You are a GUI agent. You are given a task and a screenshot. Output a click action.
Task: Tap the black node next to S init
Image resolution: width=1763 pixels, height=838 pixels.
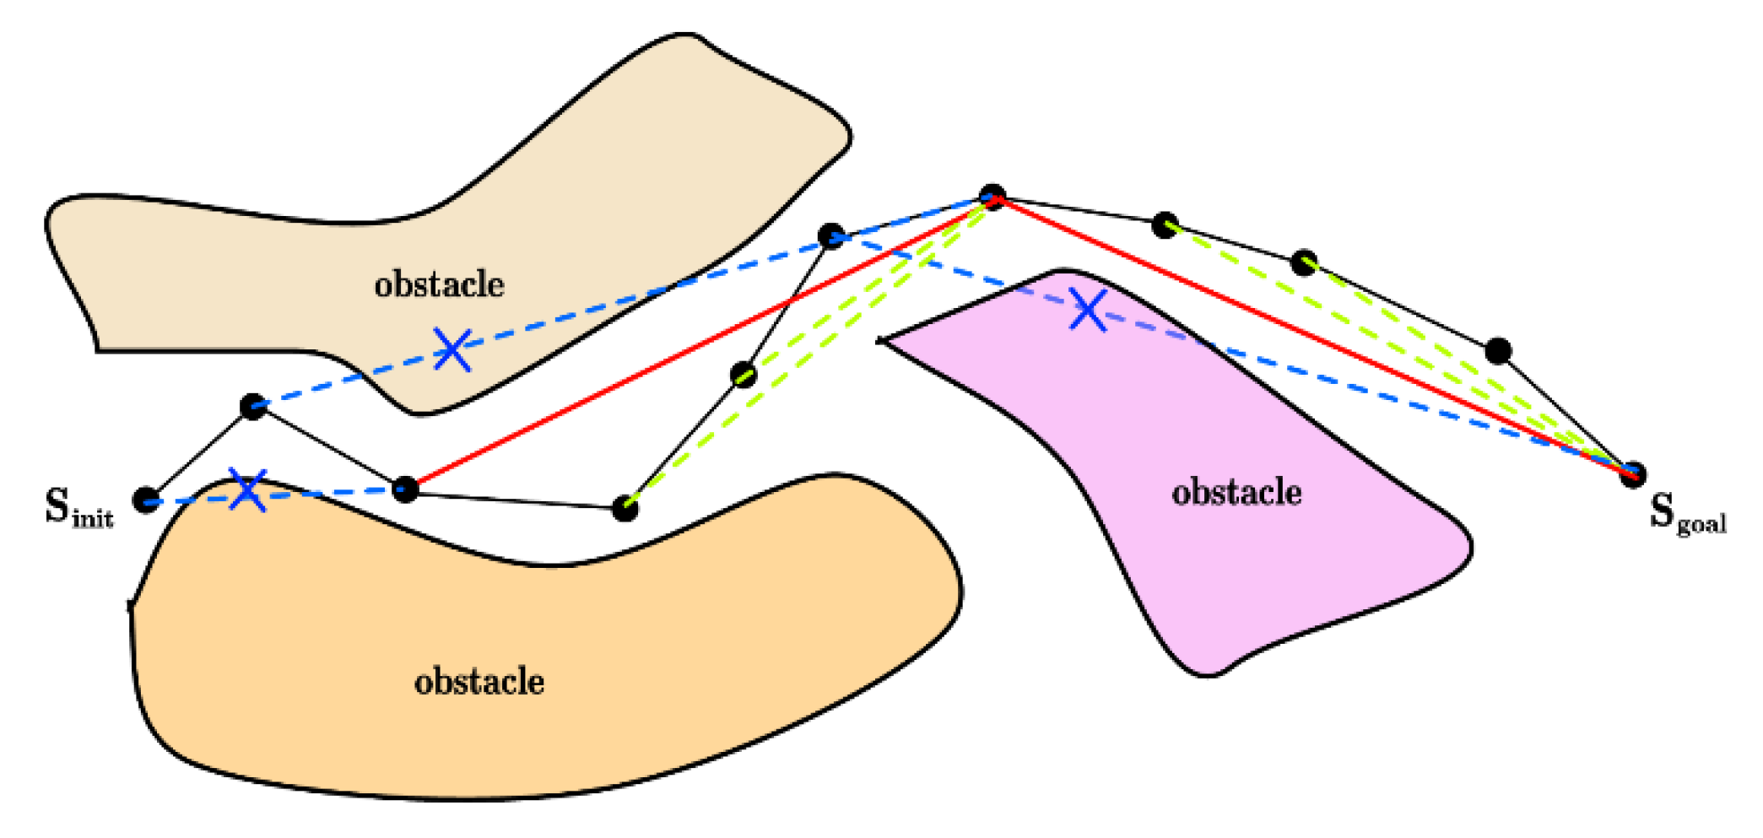click(147, 500)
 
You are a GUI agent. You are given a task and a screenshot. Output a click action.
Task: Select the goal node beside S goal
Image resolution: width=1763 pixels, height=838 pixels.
click(1632, 474)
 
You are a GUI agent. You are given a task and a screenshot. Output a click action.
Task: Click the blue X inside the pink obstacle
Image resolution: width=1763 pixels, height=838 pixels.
click(1088, 310)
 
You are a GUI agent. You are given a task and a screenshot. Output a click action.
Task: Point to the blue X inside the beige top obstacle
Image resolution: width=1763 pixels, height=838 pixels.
click(452, 349)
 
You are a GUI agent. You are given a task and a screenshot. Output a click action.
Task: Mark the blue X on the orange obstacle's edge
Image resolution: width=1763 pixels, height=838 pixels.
click(248, 490)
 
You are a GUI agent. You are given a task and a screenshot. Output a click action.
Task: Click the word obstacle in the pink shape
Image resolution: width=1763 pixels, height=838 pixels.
click(1236, 492)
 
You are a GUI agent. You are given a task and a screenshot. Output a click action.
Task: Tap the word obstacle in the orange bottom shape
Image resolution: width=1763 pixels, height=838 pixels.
click(479, 682)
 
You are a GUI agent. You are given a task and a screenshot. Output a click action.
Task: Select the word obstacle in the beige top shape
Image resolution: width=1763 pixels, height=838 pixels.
click(439, 284)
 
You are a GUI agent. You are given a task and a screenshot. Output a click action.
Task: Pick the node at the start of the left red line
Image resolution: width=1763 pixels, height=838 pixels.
click(405, 489)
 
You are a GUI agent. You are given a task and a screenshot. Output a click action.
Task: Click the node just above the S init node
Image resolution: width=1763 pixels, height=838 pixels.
click(253, 407)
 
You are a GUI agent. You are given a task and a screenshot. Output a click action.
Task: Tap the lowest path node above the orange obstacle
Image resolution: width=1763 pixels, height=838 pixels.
click(625, 508)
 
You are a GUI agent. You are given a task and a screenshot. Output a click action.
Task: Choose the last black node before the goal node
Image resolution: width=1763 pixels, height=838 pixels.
click(1498, 350)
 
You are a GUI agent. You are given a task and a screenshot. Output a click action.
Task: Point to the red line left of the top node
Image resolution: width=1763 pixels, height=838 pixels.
click(700, 342)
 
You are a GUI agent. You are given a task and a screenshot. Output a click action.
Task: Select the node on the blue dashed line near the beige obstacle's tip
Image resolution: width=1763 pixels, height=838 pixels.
click(831, 235)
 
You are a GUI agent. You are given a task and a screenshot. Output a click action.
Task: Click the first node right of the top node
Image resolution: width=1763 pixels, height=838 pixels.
click(1165, 224)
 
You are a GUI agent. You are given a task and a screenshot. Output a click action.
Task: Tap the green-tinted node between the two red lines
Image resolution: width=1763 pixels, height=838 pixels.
click(744, 374)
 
